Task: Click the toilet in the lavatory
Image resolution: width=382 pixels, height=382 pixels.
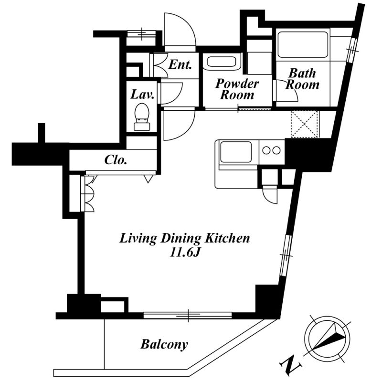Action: point(142,117)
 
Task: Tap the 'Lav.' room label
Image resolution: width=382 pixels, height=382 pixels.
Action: point(142,95)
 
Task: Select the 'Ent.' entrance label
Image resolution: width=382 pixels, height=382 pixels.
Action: point(180,64)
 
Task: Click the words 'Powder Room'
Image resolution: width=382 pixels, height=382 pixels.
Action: point(237,89)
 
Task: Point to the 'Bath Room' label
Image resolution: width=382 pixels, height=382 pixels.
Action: point(302,79)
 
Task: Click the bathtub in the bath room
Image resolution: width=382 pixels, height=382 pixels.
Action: point(303,44)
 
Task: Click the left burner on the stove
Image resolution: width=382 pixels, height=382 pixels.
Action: point(266,150)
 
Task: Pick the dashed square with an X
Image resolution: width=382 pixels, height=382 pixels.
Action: point(304,124)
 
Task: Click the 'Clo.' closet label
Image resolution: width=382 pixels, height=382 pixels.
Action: point(116,160)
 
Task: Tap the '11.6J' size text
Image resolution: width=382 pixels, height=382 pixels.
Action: point(185,253)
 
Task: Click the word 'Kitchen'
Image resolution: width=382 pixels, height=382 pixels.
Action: point(227,238)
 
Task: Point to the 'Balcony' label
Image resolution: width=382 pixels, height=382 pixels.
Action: point(164,344)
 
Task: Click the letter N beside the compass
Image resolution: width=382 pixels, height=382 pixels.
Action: point(291,365)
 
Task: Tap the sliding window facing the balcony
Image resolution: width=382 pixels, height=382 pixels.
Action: point(188,315)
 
